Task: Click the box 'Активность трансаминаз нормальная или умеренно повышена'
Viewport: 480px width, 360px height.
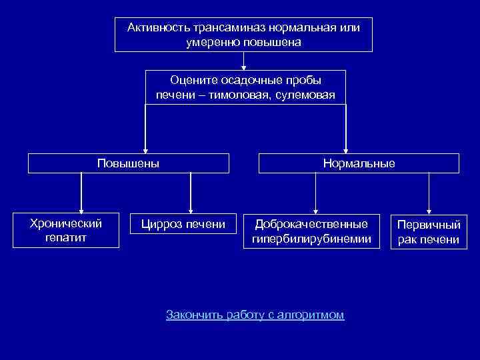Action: pos(243,35)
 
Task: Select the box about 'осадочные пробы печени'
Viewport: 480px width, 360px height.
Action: pos(245,87)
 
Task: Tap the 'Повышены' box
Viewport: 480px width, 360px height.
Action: pos(128,163)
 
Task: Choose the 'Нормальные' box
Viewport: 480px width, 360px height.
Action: pos(359,163)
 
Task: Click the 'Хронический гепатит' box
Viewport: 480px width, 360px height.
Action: pos(67,230)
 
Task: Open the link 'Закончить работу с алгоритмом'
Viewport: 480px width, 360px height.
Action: pos(255,315)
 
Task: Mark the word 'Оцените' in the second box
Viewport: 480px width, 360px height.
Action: pos(191,80)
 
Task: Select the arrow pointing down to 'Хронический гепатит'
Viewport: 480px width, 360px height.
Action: pos(81,193)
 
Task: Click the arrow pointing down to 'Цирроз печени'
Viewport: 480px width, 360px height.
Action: pos(191,193)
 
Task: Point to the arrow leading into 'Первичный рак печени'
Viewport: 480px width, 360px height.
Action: pos(429,193)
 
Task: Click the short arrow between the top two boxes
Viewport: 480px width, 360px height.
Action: pos(244,61)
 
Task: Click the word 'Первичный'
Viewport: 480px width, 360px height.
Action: pos(429,225)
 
